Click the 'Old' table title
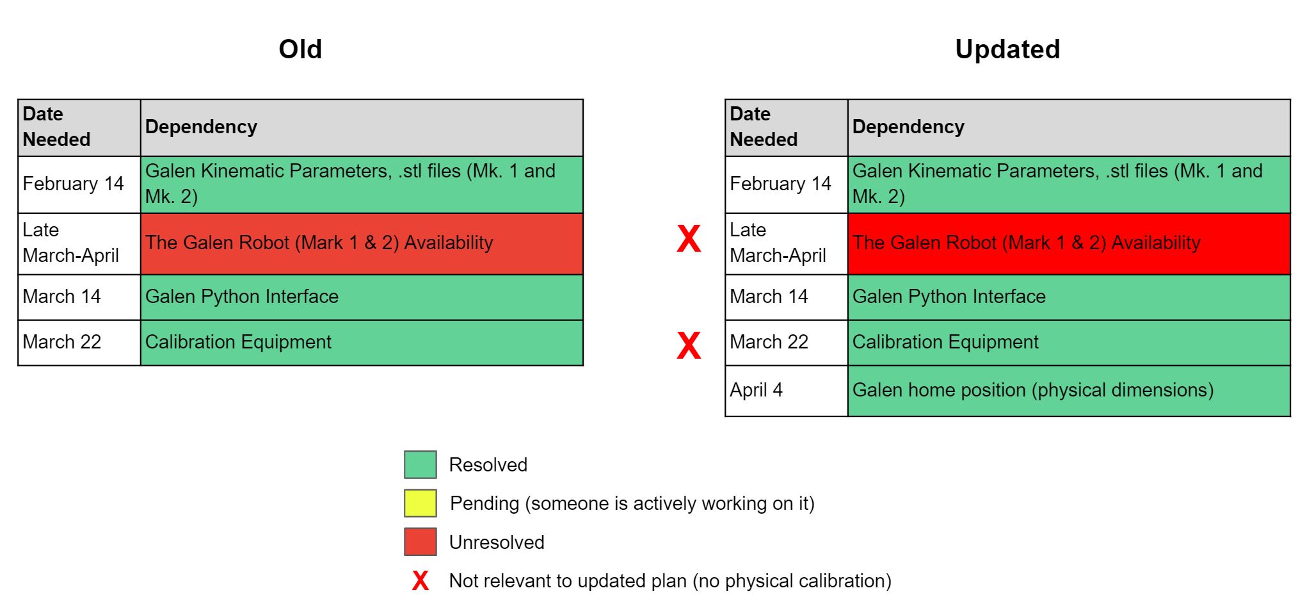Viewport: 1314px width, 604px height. [x=300, y=49]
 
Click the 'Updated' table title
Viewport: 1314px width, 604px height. [x=1007, y=49]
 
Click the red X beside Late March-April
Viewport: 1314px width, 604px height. [x=689, y=239]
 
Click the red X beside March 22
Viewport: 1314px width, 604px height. [x=689, y=345]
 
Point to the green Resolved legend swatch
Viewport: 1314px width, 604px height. [x=421, y=465]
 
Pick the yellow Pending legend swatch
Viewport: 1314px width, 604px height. [x=421, y=503]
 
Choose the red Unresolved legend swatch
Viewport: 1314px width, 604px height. [x=421, y=542]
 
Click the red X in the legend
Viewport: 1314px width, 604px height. [x=421, y=581]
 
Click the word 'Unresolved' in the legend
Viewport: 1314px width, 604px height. [x=497, y=543]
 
